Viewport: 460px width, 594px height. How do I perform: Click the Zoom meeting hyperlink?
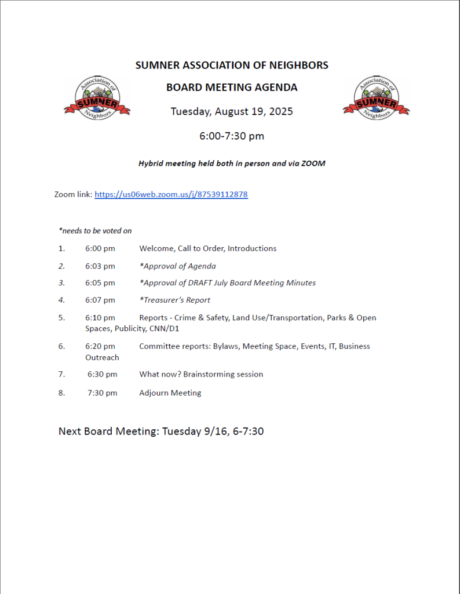point(171,195)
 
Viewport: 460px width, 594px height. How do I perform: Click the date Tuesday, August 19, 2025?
point(231,111)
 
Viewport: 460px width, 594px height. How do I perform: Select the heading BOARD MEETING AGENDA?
point(231,88)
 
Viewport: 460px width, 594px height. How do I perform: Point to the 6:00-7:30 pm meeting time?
point(231,136)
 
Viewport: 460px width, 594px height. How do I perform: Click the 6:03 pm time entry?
point(100,266)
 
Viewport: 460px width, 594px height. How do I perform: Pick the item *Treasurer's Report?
point(174,300)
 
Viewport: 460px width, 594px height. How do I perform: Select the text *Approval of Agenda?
point(177,266)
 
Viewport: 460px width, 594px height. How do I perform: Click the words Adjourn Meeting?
point(170,393)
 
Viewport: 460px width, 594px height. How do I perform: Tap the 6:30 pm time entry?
point(103,375)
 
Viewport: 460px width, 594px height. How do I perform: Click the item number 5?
point(61,318)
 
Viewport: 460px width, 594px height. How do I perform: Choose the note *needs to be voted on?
point(95,231)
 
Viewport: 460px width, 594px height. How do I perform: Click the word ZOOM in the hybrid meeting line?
point(313,164)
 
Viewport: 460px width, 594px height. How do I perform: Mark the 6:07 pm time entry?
point(100,300)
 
